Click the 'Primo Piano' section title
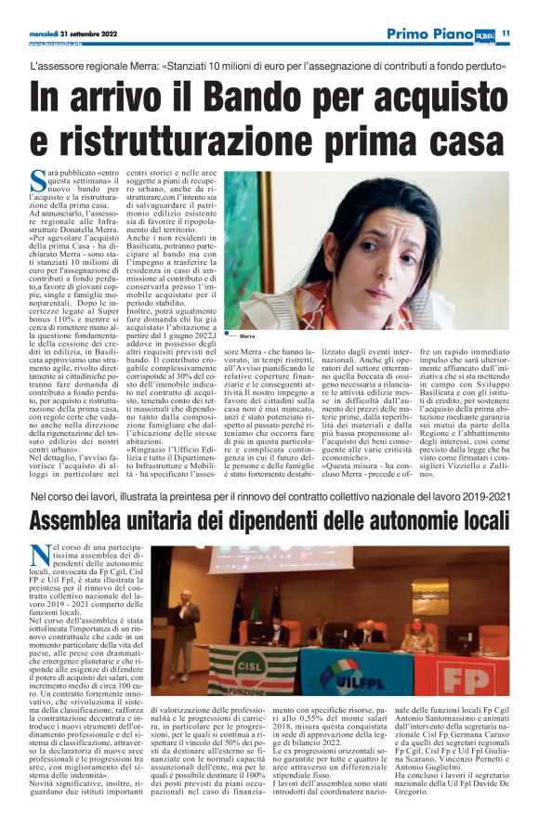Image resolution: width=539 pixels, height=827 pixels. tap(430, 33)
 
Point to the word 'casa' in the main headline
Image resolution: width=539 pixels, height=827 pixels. tap(456, 140)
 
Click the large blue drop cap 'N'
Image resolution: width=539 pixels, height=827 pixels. tap(38, 554)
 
